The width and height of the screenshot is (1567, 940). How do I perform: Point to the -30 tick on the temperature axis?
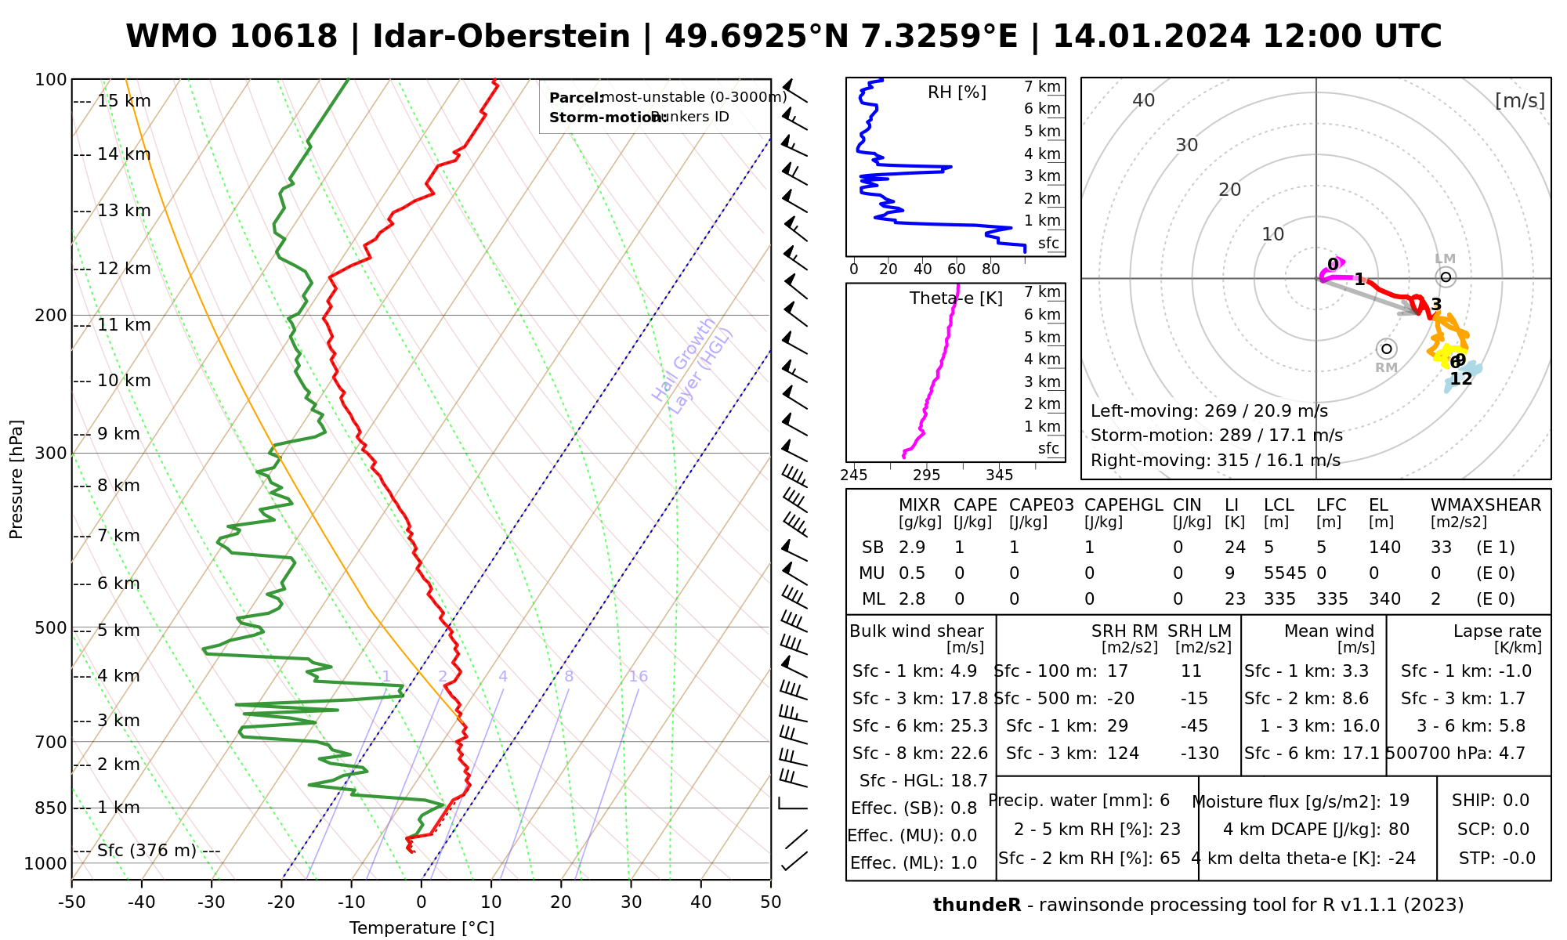pos(212,902)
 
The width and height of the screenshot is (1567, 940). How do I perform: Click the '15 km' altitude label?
pos(124,101)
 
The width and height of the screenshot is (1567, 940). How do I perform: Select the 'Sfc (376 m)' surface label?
pos(147,851)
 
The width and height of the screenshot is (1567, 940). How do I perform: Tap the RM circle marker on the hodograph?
pos(1386,349)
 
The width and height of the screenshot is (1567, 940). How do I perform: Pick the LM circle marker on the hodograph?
pos(1446,277)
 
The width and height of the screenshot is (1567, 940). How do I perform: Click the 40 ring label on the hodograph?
pos(1144,100)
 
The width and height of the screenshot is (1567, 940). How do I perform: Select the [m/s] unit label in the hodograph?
pos(1519,101)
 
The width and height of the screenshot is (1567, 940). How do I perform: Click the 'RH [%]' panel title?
pos(957,92)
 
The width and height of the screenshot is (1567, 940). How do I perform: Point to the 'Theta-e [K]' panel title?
pos(956,298)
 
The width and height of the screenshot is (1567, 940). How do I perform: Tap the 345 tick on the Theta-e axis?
pos(999,475)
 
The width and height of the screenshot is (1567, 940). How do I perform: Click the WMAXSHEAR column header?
pos(1486,505)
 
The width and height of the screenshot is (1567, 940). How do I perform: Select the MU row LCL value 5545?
pos(1285,573)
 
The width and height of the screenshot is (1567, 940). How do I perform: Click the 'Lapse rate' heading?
pos(1497,631)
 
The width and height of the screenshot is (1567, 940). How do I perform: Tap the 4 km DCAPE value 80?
pos(1399,830)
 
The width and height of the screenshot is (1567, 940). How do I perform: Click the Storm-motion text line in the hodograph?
pos(1216,436)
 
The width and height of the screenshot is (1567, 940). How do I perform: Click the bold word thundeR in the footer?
pos(977,906)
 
